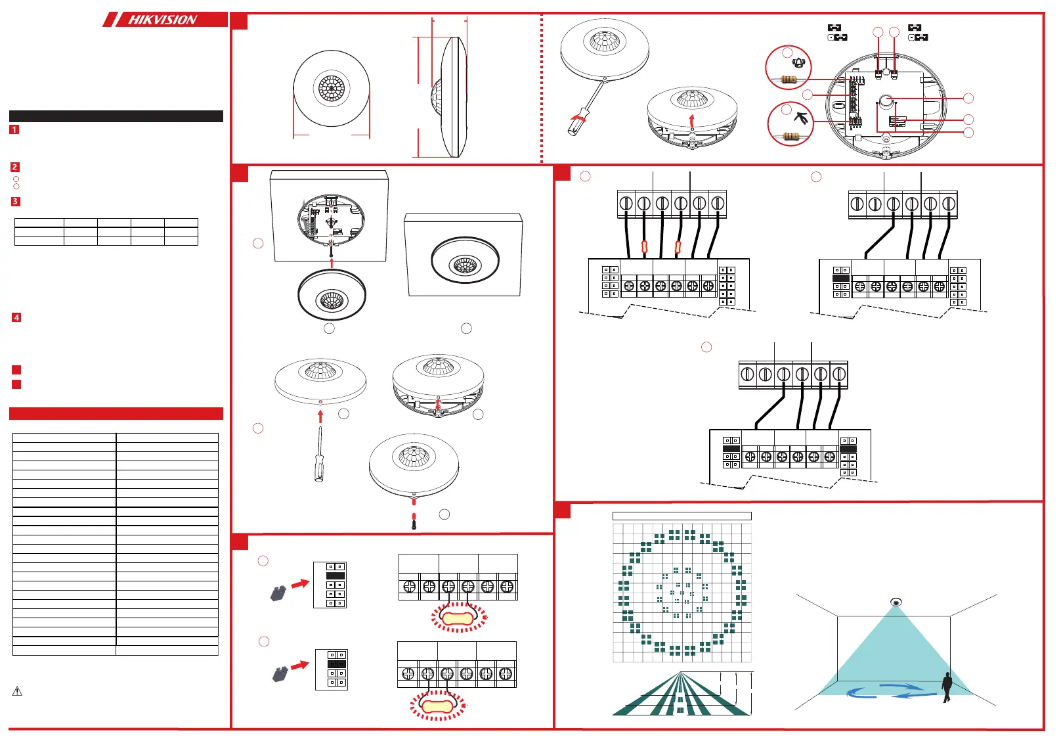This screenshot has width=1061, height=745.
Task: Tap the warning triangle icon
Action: [18, 691]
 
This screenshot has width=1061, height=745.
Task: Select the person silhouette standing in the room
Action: [947, 687]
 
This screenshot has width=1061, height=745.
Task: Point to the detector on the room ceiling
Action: [896, 602]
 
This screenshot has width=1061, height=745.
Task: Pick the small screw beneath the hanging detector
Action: [414, 522]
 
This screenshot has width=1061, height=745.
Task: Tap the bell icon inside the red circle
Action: [798, 63]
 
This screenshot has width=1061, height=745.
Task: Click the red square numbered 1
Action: [14, 130]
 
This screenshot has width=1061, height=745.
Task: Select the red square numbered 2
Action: [14, 168]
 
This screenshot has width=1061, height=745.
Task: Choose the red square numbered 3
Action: [15, 202]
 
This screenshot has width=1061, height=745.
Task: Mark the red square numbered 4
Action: [16, 317]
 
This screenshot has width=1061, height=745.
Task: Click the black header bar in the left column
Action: [116, 116]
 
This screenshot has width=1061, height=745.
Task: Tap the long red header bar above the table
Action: [116, 413]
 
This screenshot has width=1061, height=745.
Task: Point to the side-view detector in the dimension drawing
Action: [450, 97]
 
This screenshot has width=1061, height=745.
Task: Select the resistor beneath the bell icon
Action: [789, 79]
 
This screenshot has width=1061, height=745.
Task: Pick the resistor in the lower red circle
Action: [790, 137]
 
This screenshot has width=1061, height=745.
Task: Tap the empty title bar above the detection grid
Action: [682, 516]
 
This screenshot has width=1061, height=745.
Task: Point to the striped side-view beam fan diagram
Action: [681, 694]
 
